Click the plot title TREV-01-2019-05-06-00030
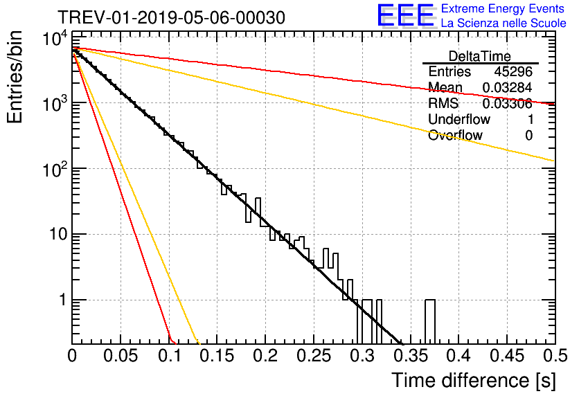(171, 17)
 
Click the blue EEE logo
(405, 15)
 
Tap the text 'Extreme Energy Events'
(503, 8)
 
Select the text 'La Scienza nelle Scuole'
(504, 23)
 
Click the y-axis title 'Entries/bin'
(15, 77)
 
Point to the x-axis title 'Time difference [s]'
(474, 380)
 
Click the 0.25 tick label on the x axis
(314, 356)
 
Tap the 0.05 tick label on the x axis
(120, 356)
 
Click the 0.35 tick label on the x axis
(410, 356)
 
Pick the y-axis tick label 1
(63, 300)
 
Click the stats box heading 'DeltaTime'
(480, 56)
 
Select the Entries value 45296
(513, 71)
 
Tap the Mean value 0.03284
(508, 87)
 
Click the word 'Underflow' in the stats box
(459, 119)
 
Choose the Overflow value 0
(528, 136)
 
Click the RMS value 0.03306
(508, 103)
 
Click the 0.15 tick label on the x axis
(217, 356)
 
